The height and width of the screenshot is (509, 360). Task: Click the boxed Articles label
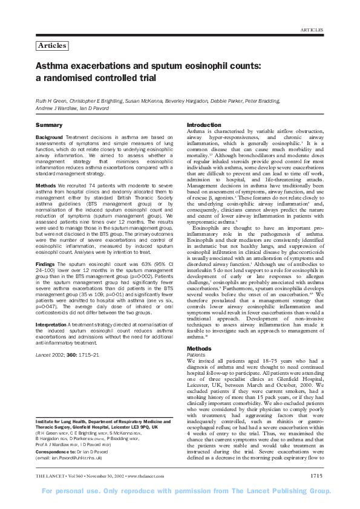[51, 46]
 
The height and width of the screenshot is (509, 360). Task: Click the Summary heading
[49, 125]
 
